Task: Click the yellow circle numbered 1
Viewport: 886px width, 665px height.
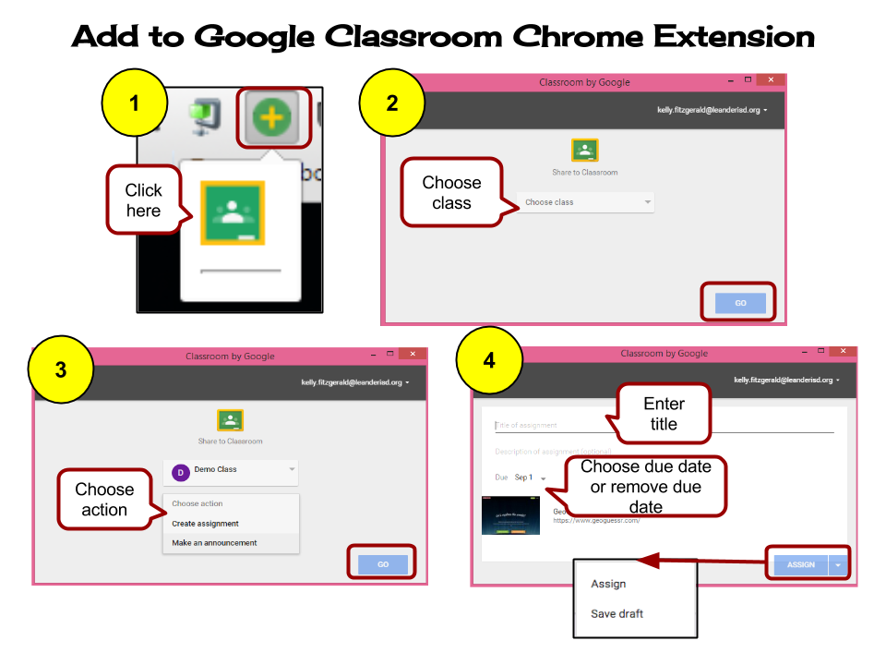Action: click(135, 103)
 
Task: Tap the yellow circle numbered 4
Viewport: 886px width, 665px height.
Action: click(489, 360)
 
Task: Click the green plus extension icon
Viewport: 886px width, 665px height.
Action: click(272, 116)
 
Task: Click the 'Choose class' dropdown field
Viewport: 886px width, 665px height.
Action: click(586, 202)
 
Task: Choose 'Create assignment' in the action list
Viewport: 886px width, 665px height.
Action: click(205, 524)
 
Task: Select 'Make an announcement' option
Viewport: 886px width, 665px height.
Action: click(214, 543)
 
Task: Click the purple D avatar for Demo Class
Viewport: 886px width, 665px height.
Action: click(180, 472)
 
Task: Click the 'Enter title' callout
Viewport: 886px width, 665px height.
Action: click(664, 414)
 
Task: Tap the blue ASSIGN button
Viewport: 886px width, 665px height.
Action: click(800, 564)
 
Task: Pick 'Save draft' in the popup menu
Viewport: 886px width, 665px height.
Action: click(617, 613)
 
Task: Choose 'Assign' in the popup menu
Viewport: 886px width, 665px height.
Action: click(608, 584)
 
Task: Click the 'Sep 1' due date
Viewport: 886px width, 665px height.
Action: click(524, 478)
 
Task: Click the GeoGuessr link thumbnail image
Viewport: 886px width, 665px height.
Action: click(510, 516)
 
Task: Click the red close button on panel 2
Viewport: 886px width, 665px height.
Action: click(771, 80)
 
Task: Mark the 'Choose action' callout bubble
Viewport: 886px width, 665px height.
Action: click(104, 500)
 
